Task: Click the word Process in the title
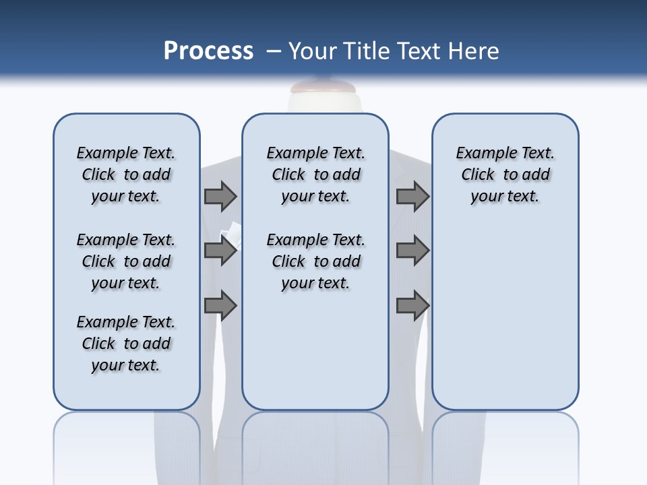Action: coord(208,51)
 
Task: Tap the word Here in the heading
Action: coord(474,51)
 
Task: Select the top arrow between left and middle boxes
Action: coord(220,196)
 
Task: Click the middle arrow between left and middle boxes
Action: coord(220,251)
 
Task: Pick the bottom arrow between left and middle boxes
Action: coord(220,305)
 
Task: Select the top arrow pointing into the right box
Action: coord(412,196)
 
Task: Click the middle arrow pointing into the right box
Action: coord(412,251)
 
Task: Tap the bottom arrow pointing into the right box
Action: coord(412,305)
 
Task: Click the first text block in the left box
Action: coord(126,174)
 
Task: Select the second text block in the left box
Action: coord(126,261)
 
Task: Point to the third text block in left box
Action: coord(126,344)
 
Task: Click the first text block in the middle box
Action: coord(315,174)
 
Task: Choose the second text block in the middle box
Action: coord(315,261)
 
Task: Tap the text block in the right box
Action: coord(505,174)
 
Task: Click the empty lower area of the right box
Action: coord(505,323)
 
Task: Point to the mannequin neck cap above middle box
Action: coord(315,88)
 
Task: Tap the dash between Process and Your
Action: coord(272,51)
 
